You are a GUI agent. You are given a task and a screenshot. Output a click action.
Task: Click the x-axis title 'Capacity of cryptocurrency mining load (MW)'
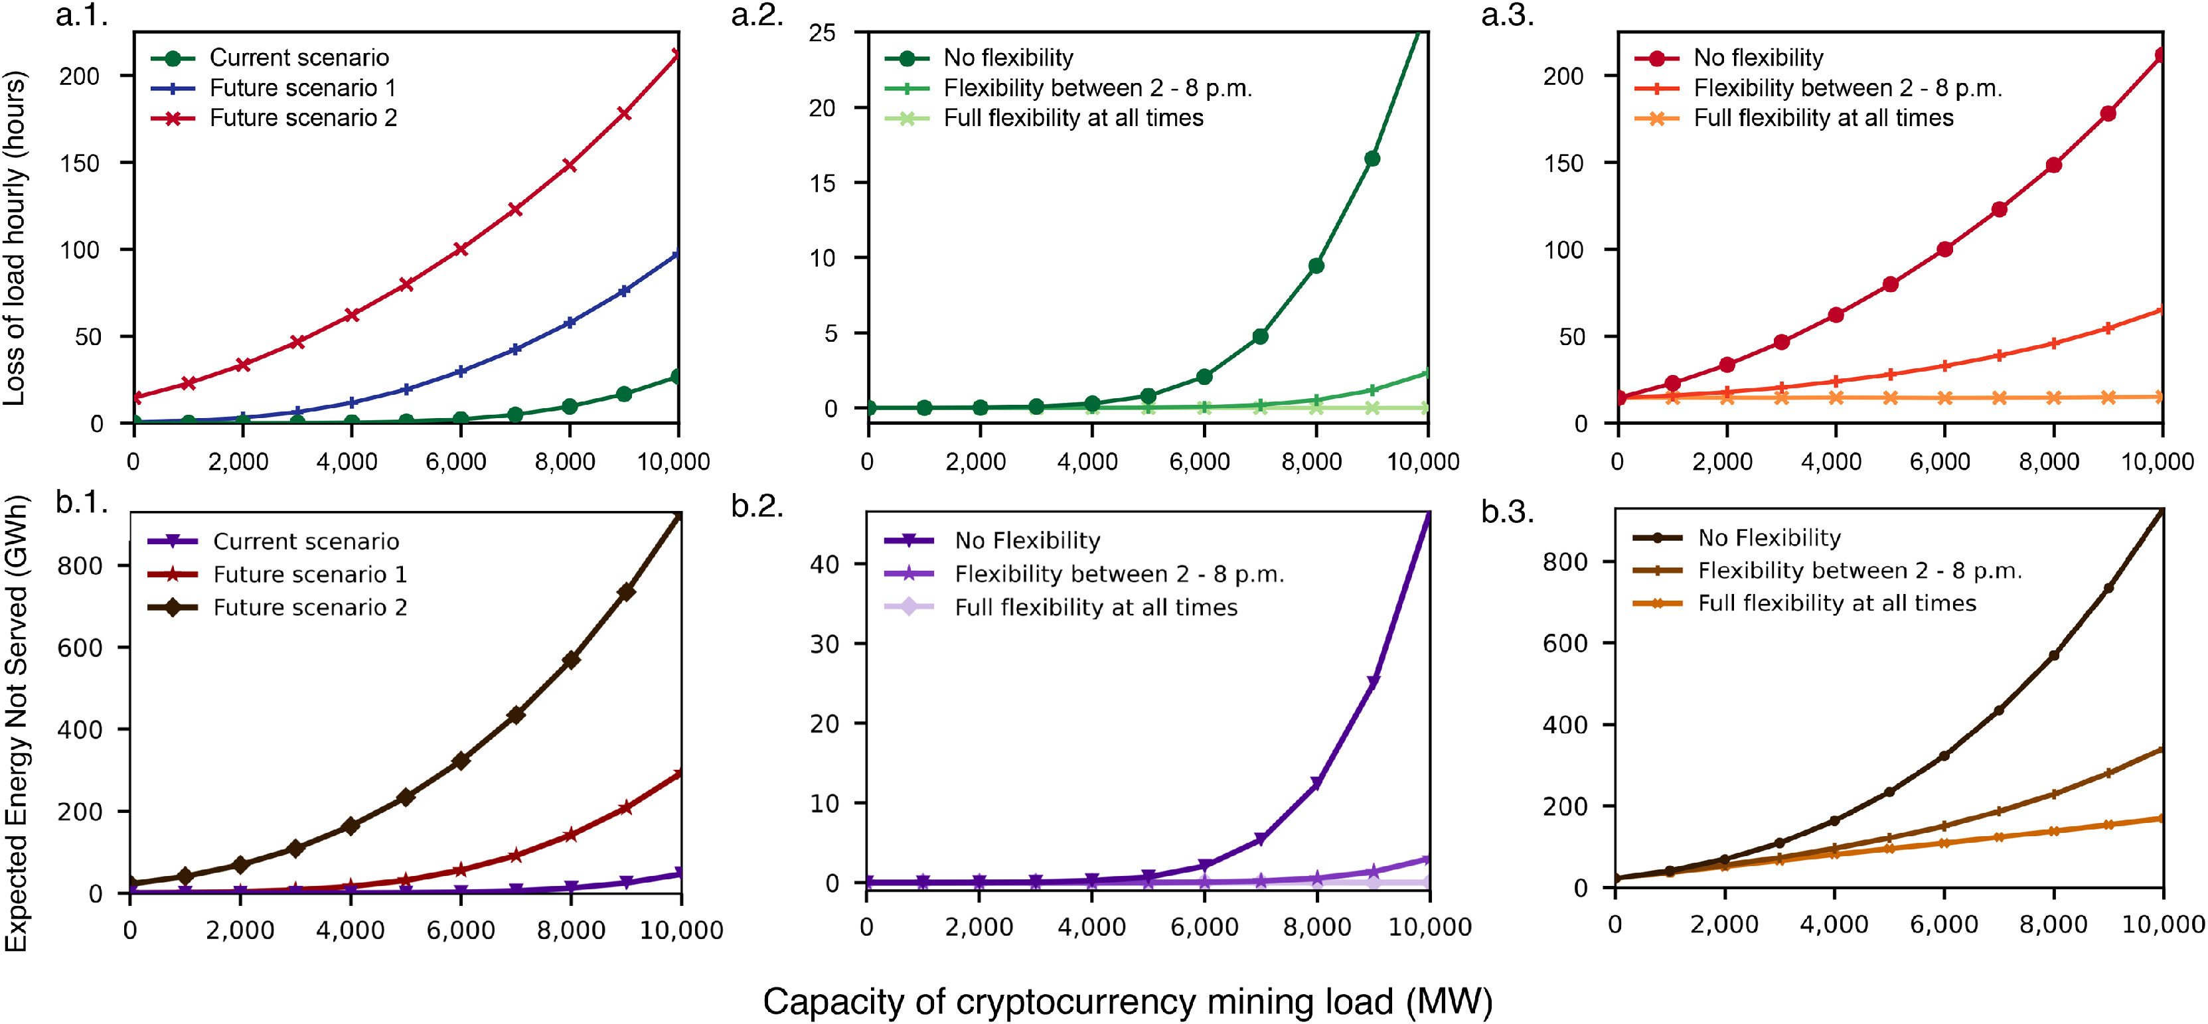(x=1127, y=1001)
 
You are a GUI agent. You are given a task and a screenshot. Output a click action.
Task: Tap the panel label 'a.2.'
(x=757, y=15)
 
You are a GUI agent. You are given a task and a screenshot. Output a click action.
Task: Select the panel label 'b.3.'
(x=1507, y=512)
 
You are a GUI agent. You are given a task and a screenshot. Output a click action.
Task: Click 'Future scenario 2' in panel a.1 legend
(x=303, y=118)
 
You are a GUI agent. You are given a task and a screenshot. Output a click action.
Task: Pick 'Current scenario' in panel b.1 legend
(x=306, y=542)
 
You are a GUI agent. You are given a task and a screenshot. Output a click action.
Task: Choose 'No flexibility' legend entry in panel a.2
(x=1008, y=58)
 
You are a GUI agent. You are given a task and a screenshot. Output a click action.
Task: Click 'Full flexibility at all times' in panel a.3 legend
(x=1823, y=118)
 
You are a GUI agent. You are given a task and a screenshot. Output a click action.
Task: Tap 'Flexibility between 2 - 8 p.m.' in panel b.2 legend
(x=1119, y=574)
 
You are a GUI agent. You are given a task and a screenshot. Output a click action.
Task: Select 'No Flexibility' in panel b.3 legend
(x=1769, y=538)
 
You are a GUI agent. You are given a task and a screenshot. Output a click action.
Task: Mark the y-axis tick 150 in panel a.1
(x=79, y=163)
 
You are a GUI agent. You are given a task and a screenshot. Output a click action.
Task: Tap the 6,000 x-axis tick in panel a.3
(x=1940, y=462)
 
